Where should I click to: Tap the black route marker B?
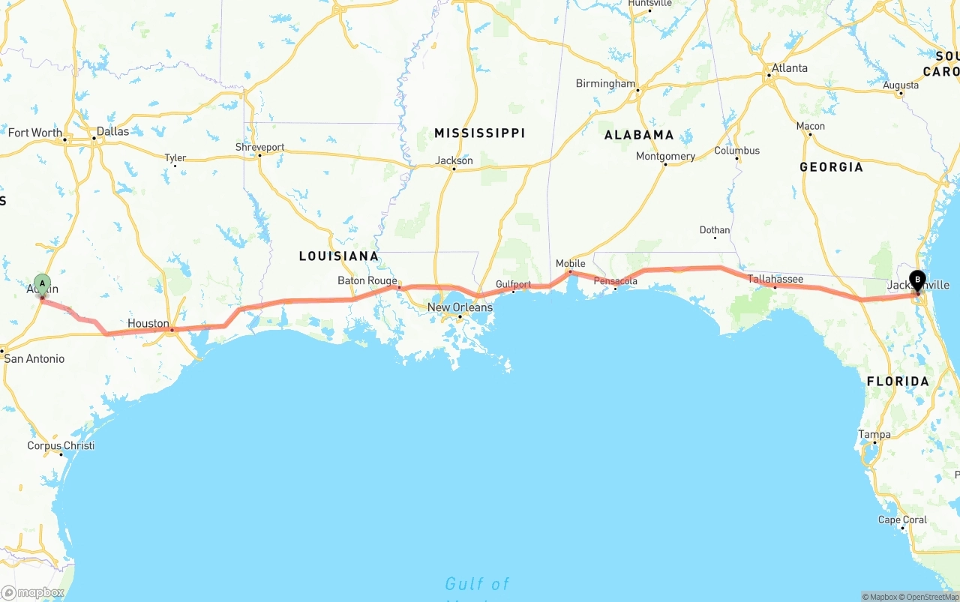pyautogui.click(x=916, y=280)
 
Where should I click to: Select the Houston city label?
pyautogui.click(x=148, y=323)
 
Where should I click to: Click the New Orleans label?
pyautogui.click(x=460, y=307)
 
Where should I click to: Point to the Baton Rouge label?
pyautogui.click(x=367, y=280)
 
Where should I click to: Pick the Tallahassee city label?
pyautogui.click(x=775, y=279)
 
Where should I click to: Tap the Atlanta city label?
pyautogui.click(x=789, y=68)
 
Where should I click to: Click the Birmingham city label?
pyautogui.click(x=605, y=83)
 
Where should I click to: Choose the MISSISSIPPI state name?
pyautogui.click(x=479, y=133)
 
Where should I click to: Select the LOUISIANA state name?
pyautogui.click(x=338, y=256)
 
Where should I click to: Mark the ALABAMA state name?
pyautogui.click(x=639, y=135)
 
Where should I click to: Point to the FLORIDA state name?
pyautogui.click(x=898, y=381)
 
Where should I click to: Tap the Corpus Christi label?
pyautogui.click(x=61, y=445)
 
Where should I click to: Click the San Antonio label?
pyautogui.click(x=34, y=358)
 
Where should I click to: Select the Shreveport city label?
pyautogui.click(x=259, y=147)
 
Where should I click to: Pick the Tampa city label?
pyautogui.click(x=874, y=434)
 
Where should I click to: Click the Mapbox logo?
pyautogui.click(x=32, y=592)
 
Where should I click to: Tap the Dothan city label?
pyautogui.click(x=714, y=230)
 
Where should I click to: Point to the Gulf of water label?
pyautogui.click(x=477, y=583)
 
